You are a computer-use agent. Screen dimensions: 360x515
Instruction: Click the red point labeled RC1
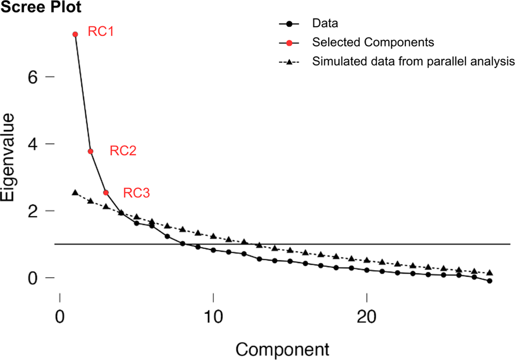pyautogui.click(x=75, y=34)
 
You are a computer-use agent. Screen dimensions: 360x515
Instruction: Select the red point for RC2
pyautogui.click(x=90, y=151)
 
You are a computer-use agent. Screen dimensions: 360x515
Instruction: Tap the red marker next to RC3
pyautogui.click(x=106, y=192)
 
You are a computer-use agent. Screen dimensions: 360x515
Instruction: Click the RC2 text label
pyautogui.click(x=123, y=152)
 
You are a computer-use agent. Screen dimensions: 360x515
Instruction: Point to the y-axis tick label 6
pyautogui.click(x=34, y=77)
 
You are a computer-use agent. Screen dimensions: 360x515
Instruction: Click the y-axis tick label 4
pyautogui.click(x=34, y=144)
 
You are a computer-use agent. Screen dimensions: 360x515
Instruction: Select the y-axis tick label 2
pyautogui.click(x=34, y=211)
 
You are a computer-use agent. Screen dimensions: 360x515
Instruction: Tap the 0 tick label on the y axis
pyautogui.click(x=34, y=278)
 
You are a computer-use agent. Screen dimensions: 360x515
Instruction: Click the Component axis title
pyautogui.click(x=283, y=347)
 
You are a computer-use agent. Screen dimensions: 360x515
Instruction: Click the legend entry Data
pyautogui.click(x=325, y=23)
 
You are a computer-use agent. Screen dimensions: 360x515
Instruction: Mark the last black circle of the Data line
pyautogui.click(x=490, y=281)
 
